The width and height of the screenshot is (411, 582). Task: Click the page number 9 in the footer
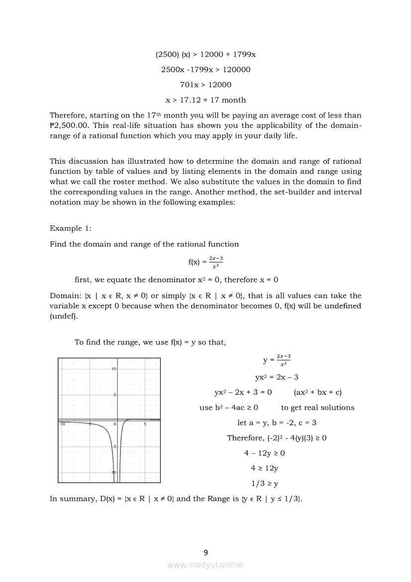pyautogui.click(x=205, y=552)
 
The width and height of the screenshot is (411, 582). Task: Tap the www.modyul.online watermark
pyautogui.click(x=205, y=565)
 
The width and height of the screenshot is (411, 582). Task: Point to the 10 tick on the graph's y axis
pyautogui.click(x=113, y=368)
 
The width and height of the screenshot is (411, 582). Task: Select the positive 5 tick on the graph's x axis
pyautogui.click(x=145, y=424)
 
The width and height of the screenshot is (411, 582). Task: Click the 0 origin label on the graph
pyautogui.click(x=114, y=424)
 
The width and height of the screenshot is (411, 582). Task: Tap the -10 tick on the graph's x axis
pyautogui.click(x=62, y=424)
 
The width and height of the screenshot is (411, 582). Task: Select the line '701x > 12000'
pyautogui.click(x=205, y=85)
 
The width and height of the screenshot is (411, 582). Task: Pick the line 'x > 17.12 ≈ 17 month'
pyautogui.click(x=205, y=100)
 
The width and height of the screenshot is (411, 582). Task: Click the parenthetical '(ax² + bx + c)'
pyautogui.click(x=318, y=392)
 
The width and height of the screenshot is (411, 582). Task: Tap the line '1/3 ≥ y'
pyautogui.click(x=264, y=483)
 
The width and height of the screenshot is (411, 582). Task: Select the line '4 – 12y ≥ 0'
pyautogui.click(x=264, y=453)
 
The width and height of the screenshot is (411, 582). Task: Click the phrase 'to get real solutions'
pyautogui.click(x=317, y=407)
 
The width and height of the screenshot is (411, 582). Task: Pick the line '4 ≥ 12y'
pyautogui.click(x=264, y=468)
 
